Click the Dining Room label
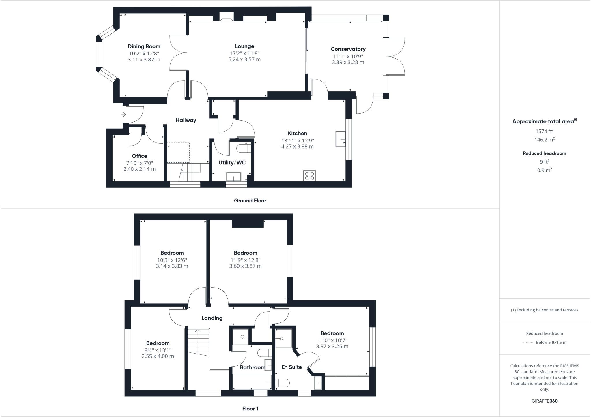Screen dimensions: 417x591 click(144, 46)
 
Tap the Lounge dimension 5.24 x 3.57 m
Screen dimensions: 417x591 click(244, 60)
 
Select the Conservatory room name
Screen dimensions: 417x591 click(348, 49)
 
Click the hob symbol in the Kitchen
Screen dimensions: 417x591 click(309, 176)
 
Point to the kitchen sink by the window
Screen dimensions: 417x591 click(341, 139)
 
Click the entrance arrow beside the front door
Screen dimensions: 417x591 click(123, 115)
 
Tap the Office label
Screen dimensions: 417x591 click(139, 156)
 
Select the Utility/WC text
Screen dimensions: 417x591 click(232, 163)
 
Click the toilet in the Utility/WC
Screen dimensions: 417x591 click(243, 149)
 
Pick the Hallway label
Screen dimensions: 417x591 click(186, 120)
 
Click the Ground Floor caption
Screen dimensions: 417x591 click(250, 201)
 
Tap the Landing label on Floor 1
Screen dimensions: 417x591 click(212, 318)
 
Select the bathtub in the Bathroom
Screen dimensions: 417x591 click(252, 382)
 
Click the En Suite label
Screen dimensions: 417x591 click(291, 367)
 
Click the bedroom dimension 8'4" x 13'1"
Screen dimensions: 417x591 click(158, 350)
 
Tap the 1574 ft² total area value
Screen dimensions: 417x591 click(544, 131)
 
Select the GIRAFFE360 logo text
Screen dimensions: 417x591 click(544, 401)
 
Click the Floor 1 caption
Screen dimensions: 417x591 click(250, 409)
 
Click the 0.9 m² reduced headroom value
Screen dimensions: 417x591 click(544, 170)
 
